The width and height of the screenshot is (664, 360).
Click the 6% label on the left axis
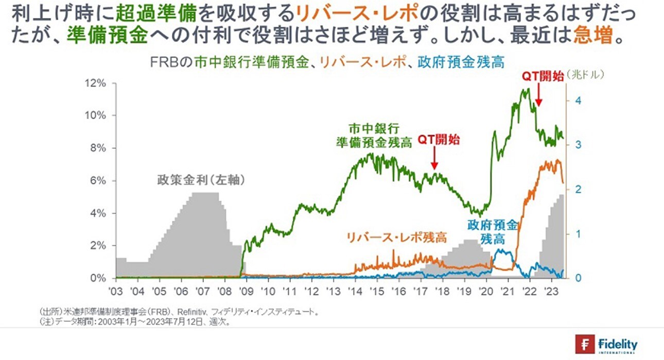[98, 181]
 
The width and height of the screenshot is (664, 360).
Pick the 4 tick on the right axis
[579, 100]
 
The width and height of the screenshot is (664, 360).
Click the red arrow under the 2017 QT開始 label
[434, 158]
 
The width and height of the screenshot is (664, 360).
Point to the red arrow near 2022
[538, 95]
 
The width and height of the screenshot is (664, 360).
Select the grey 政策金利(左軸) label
[200, 181]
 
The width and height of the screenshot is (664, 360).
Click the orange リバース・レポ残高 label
[396, 237]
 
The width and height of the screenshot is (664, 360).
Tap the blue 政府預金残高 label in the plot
[492, 232]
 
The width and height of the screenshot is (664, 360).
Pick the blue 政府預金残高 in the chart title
[461, 62]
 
